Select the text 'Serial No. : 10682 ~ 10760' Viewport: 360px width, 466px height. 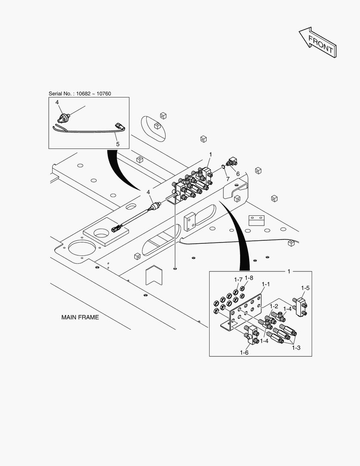pyautogui.click(x=80, y=94)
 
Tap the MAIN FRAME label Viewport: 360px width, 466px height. pyautogui.click(x=80, y=317)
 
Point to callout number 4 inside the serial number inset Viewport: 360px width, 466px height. pyautogui.click(x=56, y=103)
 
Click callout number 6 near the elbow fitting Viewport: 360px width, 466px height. pyautogui.click(x=238, y=173)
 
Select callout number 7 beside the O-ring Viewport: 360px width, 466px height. pyautogui.click(x=228, y=179)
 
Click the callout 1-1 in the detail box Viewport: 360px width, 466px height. pyautogui.click(x=266, y=285)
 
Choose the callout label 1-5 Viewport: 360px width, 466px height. pyautogui.click(x=305, y=287)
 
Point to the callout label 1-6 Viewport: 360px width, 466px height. pyautogui.click(x=244, y=353)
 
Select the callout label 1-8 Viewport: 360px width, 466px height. pyautogui.click(x=249, y=278)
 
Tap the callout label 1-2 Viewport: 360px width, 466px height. pyautogui.click(x=274, y=306)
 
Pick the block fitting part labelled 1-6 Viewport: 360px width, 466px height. pyautogui.click(x=251, y=334)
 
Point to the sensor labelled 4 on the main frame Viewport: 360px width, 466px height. pyautogui.click(x=156, y=205)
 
